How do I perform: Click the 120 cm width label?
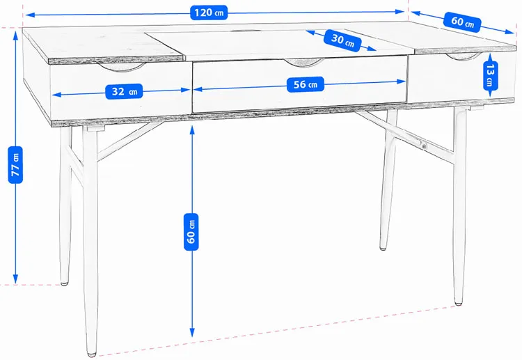(209, 13)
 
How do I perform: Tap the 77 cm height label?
(15, 165)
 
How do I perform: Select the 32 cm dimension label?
(124, 91)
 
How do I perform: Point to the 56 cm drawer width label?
(306, 84)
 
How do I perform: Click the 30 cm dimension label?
(342, 40)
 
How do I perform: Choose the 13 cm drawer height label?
(490, 76)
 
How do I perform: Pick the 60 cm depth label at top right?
(462, 22)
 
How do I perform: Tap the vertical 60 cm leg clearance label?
(191, 232)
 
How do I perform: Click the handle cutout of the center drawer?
(305, 62)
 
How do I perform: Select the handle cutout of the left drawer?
(122, 67)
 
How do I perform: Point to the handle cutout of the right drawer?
(464, 57)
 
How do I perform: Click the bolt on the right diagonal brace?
(423, 145)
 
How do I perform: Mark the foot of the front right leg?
(459, 303)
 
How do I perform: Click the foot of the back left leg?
(65, 283)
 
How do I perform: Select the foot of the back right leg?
(383, 248)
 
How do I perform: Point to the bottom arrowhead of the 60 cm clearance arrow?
(192, 333)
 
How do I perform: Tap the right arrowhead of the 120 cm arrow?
(400, 12)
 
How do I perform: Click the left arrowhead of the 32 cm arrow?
(56, 95)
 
